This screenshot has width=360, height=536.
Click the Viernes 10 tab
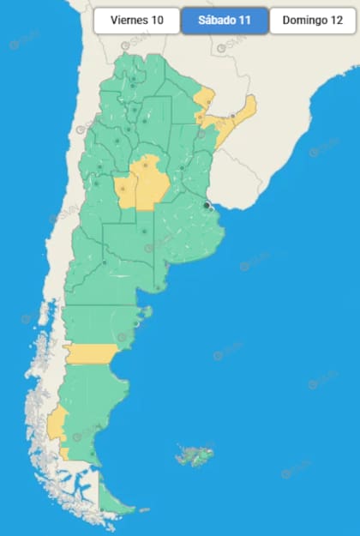pos(137,21)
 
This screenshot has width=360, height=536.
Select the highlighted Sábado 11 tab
pos(225,21)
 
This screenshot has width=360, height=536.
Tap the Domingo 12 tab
pos(313,21)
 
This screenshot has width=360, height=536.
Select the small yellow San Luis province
pos(126,191)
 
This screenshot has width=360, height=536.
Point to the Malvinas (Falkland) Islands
pos(194,455)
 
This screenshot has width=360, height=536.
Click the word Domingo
pos(305,21)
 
